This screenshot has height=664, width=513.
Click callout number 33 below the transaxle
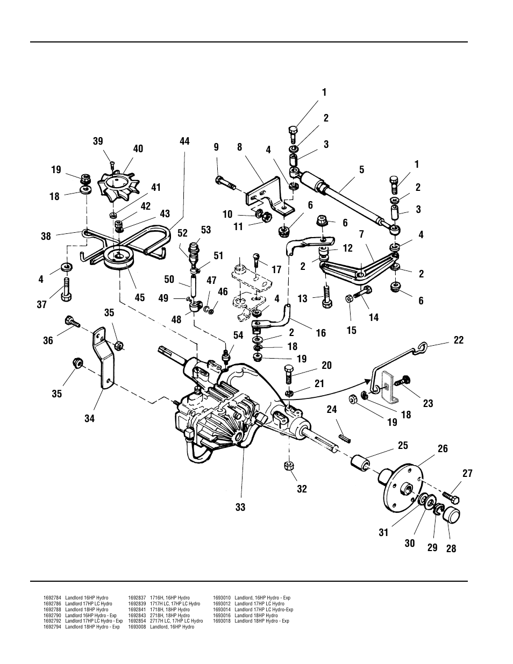pyautogui.click(x=240, y=507)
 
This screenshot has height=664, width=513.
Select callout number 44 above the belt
pyautogui.click(x=184, y=141)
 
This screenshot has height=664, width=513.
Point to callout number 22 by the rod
pyautogui.click(x=458, y=340)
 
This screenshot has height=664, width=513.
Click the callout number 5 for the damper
pyautogui.click(x=362, y=170)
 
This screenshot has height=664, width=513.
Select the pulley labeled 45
pyautogui.click(x=120, y=259)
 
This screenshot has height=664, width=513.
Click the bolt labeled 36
pyautogui.click(x=72, y=322)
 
